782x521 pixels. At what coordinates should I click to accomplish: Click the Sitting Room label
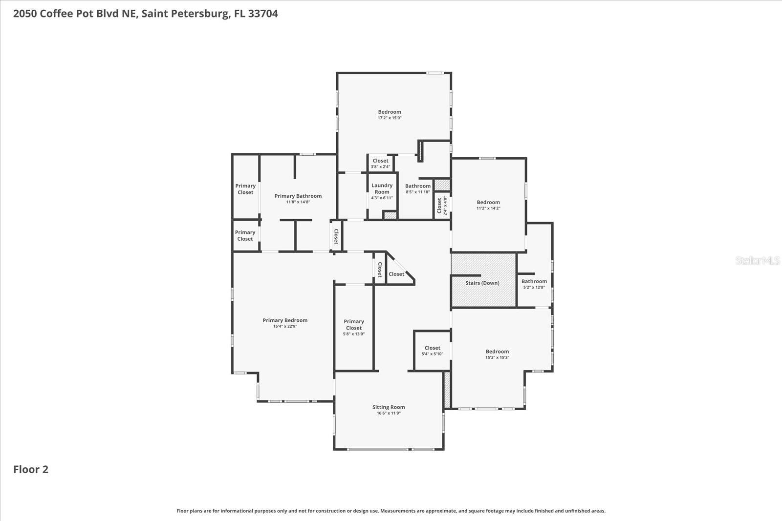coord(389,407)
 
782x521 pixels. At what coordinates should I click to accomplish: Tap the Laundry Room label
coord(382,188)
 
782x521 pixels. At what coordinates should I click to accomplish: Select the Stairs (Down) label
coord(482,283)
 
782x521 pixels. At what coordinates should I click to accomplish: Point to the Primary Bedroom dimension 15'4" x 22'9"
coord(285,326)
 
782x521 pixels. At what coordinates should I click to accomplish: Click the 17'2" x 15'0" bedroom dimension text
coord(390,118)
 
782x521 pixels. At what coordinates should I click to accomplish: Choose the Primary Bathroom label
coord(298,196)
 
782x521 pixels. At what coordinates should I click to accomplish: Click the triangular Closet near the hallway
coord(396,274)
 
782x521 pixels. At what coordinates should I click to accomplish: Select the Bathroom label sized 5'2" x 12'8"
coord(534,281)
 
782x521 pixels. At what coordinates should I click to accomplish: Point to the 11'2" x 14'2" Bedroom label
coord(488,202)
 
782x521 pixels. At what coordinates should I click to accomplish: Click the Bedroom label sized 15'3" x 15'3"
coord(497,352)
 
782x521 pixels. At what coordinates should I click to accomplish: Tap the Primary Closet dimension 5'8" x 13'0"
coord(354,334)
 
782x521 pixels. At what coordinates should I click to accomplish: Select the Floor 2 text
coord(31,469)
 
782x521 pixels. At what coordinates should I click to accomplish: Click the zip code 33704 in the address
coord(263,14)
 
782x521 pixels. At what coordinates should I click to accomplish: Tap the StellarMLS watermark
coord(757,260)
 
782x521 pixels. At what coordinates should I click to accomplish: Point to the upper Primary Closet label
coord(245,189)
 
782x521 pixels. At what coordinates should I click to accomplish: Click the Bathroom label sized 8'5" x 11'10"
coord(418,186)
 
